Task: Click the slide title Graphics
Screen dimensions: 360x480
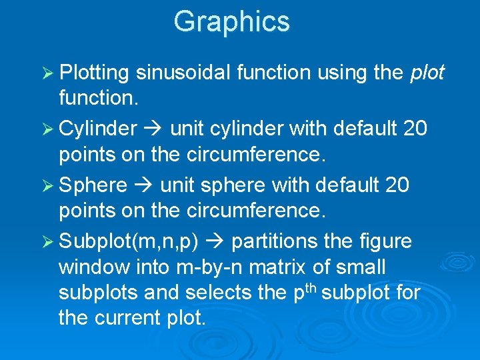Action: (231, 21)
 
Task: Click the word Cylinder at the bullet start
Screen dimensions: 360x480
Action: (98, 127)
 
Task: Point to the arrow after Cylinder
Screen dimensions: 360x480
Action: (153, 127)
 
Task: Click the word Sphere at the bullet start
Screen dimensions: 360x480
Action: (93, 185)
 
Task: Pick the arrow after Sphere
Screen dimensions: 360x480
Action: (143, 185)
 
